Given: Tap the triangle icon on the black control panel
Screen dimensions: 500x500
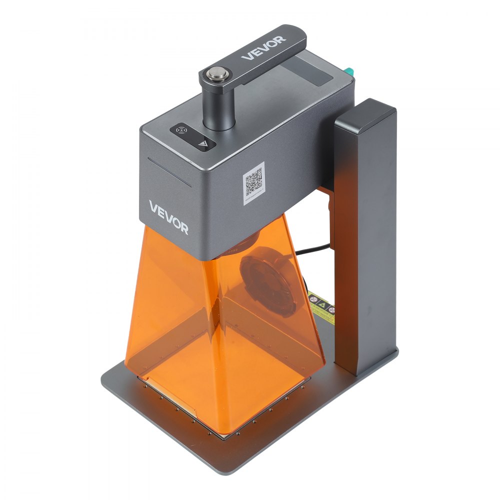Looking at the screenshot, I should tap(202, 143).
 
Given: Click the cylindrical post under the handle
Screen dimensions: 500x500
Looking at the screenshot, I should tap(219, 107).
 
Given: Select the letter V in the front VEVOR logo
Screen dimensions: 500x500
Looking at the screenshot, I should tap(153, 206).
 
